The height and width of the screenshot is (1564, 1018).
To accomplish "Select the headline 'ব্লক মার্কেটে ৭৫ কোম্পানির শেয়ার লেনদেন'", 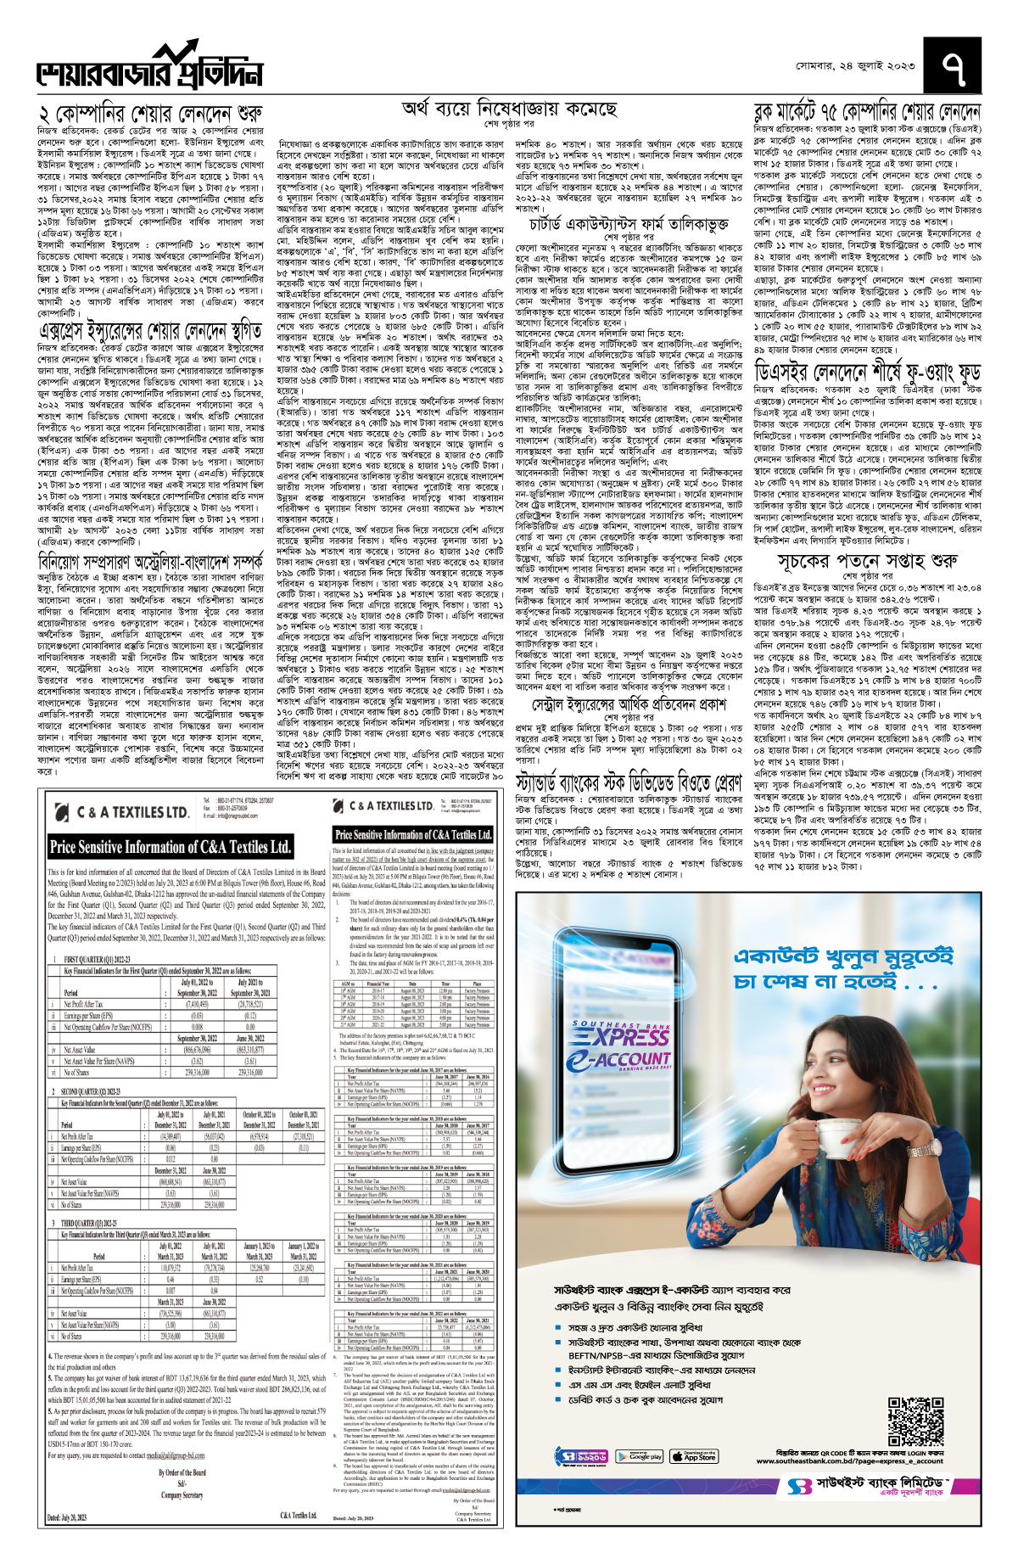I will (x=867, y=111).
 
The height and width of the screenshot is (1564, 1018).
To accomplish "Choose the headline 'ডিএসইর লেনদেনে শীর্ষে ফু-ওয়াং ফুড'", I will (x=867, y=372).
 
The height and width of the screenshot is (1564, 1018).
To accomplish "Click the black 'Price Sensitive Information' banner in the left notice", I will (x=171, y=846).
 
